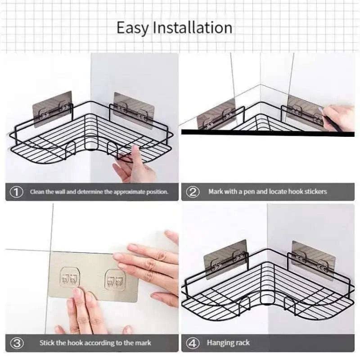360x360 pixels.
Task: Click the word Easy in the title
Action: pyautogui.click(x=133, y=28)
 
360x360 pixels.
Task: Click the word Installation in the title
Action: pyautogui.click(x=193, y=27)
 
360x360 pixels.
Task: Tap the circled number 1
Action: pyautogui.click(x=17, y=192)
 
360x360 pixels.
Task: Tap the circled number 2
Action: pyautogui.click(x=193, y=192)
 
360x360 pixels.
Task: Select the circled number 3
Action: pyautogui.click(x=17, y=343)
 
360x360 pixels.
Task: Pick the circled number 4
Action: pyautogui.click(x=193, y=343)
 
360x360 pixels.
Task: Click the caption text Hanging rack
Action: pyautogui.click(x=228, y=343)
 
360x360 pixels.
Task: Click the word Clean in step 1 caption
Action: pyautogui.click(x=38, y=192)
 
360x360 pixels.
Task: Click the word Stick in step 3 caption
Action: pyautogui.click(x=47, y=343)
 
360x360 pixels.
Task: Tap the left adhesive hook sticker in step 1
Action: pyautogui.click(x=52, y=108)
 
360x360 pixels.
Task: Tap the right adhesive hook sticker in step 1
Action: pyautogui.click(x=134, y=110)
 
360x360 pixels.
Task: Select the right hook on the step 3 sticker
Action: pyautogui.click(x=115, y=280)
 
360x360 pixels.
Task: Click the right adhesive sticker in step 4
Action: pyautogui.click(x=313, y=259)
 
